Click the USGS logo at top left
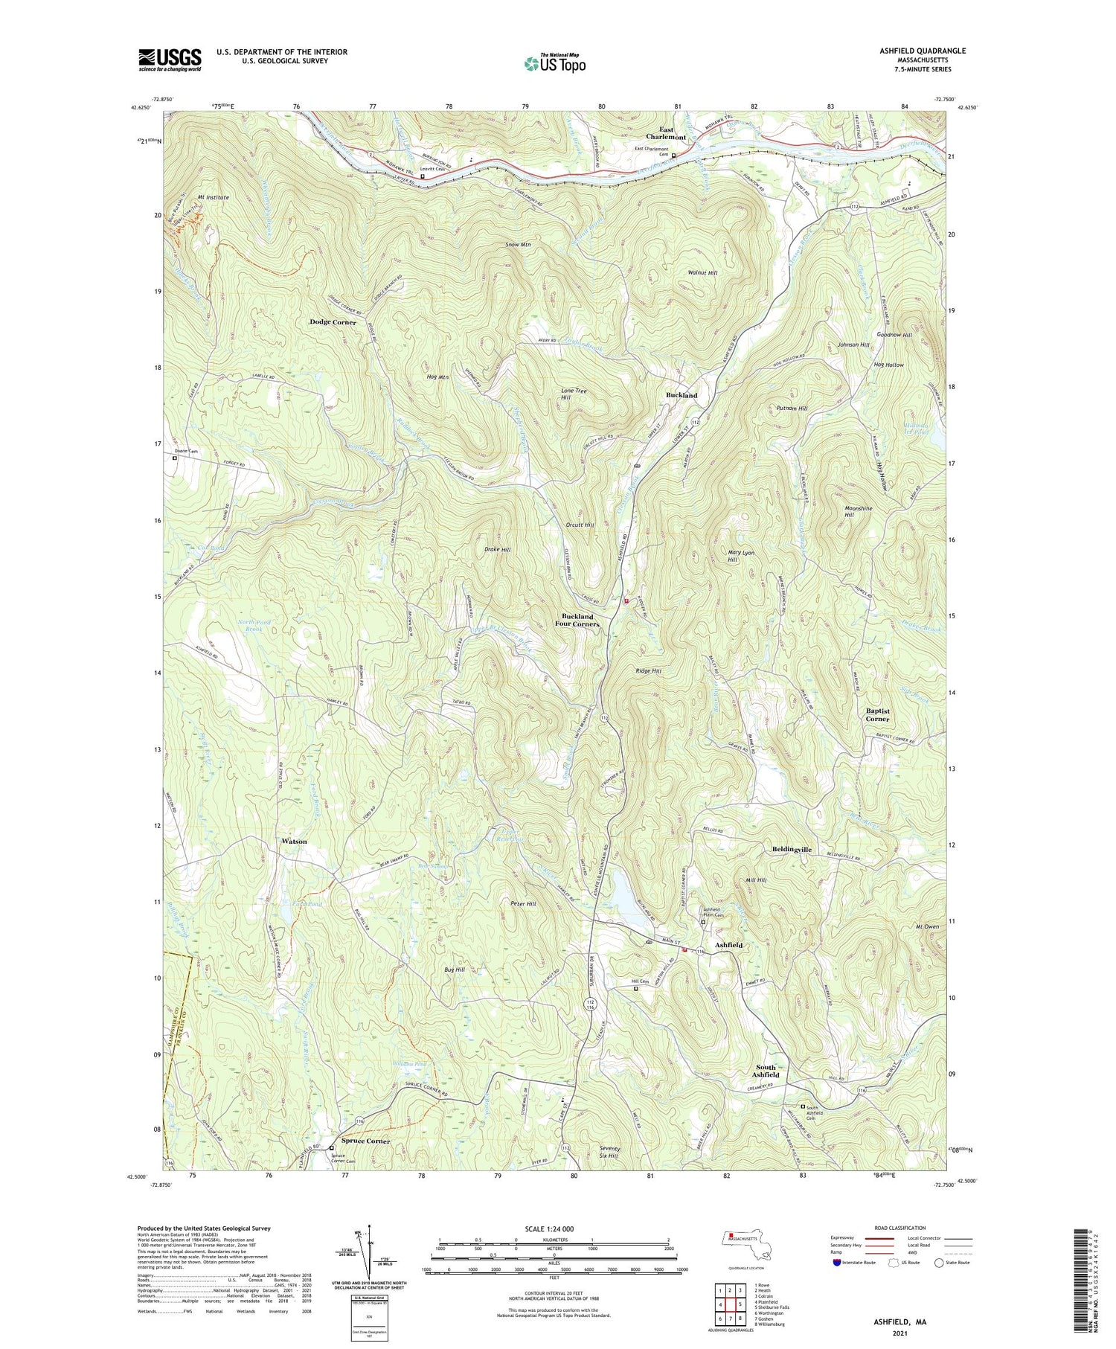pyautogui.click(x=170, y=60)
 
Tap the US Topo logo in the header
pyautogui.click(x=554, y=64)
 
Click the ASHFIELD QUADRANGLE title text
pyautogui.click(x=923, y=51)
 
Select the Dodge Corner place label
pyautogui.click(x=333, y=322)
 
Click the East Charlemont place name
pyautogui.click(x=666, y=133)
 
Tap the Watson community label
pyautogui.click(x=294, y=841)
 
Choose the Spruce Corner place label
pyautogui.click(x=365, y=1141)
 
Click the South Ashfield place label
pyautogui.click(x=766, y=1071)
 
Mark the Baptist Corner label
pyautogui.click(x=877, y=715)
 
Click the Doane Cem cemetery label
pyautogui.click(x=186, y=451)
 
